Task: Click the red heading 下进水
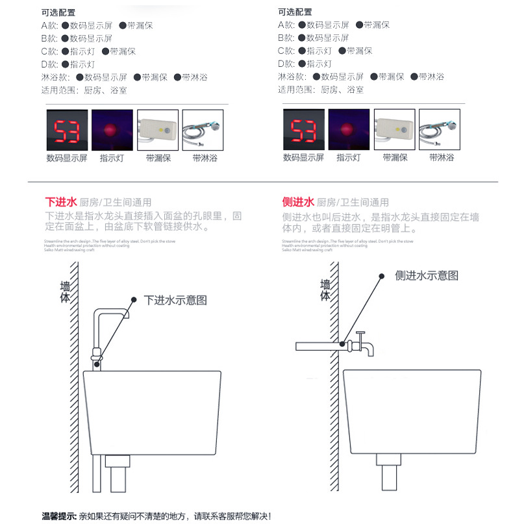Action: click(x=61, y=202)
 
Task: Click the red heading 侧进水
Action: click(x=298, y=202)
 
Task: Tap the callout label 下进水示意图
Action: click(x=175, y=300)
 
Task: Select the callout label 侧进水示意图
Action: click(x=427, y=275)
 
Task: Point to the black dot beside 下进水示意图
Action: click(x=134, y=299)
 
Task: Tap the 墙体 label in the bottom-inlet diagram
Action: click(x=65, y=292)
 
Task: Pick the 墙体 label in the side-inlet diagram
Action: click(x=325, y=290)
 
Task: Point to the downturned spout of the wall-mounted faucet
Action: click(x=370, y=350)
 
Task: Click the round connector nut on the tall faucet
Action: click(x=97, y=355)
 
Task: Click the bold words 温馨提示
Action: click(x=59, y=516)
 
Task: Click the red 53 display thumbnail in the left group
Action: click(x=67, y=129)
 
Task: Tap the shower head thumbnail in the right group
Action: click(x=439, y=129)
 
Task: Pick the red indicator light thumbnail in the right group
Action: click(x=348, y=129)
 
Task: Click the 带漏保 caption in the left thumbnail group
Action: click(x=158, y=158)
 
